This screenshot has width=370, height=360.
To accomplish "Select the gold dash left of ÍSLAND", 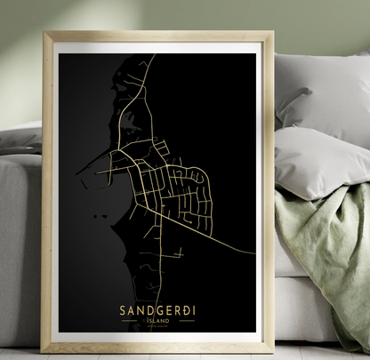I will (140, 323).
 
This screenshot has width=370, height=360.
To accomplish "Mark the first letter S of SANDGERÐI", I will (121, 310).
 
